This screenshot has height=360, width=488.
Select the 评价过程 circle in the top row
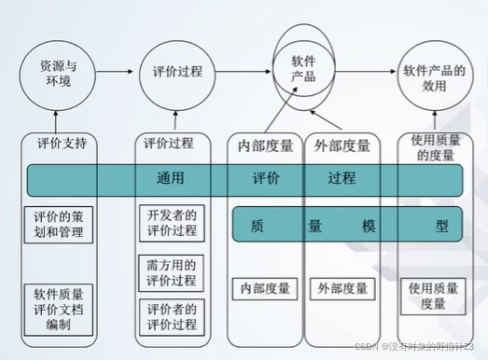pos(175,72)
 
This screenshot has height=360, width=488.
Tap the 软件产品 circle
pos(304,66)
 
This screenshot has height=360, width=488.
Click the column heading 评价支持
pos(63,145)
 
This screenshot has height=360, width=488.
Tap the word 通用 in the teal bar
pos(170,177)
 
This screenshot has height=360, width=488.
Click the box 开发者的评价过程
pos(173,223)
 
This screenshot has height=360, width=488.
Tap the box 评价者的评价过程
pos(173,316)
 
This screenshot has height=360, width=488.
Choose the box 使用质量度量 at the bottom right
pos(433,296)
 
